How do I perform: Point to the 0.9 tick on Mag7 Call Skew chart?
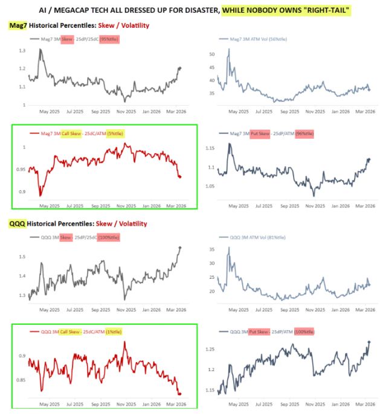(24, 192)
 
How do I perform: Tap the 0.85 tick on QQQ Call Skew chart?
(22, 380)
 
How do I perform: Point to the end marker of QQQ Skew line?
(179, 247)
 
